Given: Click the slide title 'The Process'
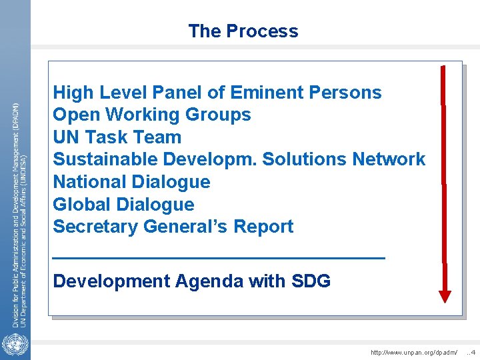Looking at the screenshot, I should (x=243, y=31).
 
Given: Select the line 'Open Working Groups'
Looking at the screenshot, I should (x=152, y=115).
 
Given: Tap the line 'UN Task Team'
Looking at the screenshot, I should (x=117, y=137).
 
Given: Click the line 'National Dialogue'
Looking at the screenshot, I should (x=131, y=182).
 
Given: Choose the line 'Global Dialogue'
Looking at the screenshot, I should (x=123, y=205).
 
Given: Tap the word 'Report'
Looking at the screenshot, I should (x=263, y=227).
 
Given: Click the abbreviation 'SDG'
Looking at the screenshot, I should (x=311, y=281).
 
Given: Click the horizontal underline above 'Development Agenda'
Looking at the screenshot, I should (x=219, y=257).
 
